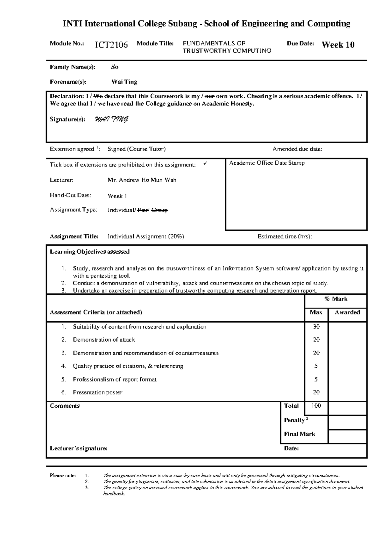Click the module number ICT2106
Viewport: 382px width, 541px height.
click(111, 45)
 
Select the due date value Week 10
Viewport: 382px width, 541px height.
click(338, 45)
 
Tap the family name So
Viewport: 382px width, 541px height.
click(115, 67)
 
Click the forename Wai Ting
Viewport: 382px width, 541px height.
click(124, 82)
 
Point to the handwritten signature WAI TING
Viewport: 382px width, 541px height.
click(112, 120)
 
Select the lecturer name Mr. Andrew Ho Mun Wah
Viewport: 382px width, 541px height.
click(142, 180)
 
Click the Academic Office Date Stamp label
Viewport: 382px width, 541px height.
click(267, 163)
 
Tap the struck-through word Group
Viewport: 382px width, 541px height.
click(159, 210)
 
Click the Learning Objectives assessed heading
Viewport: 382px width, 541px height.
click(89, 252)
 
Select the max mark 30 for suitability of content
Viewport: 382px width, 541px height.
click(316, 327)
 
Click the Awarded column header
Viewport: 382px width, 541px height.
click(347, 313)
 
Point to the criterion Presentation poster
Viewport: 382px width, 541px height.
click(97, 393)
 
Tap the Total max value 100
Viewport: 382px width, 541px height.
click(316, 406)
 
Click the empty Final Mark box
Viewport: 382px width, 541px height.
click(347, 436)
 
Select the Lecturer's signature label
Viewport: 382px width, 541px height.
click(79, 448)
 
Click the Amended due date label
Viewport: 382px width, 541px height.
click(297, 149)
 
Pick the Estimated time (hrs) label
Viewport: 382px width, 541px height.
click(285, 237)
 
